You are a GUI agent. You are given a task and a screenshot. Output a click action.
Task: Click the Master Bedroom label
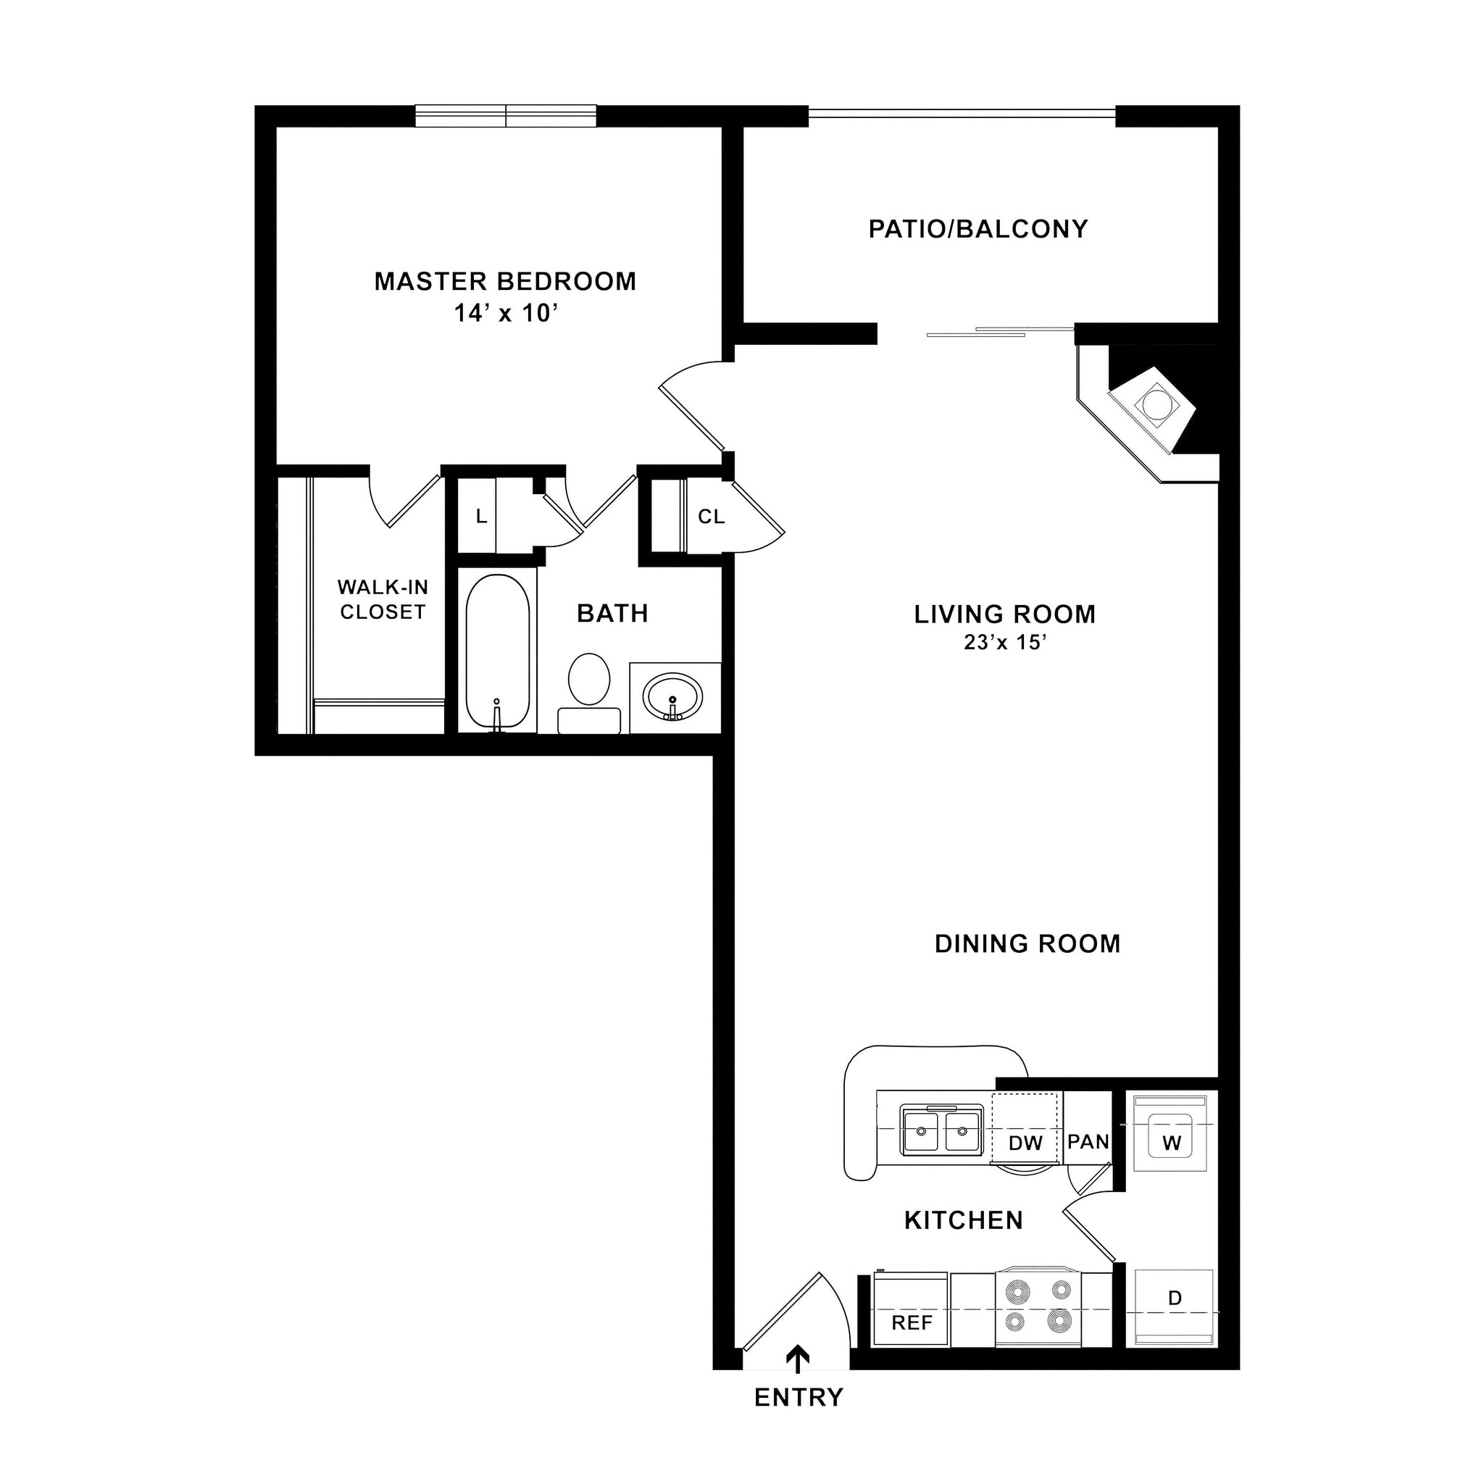coord(504,281)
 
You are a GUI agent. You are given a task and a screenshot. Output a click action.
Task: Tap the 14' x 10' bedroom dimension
coord(504,313)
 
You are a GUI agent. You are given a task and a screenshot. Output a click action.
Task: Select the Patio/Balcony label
coord(977,229)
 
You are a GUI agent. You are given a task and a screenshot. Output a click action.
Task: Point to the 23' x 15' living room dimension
coord(1005,642)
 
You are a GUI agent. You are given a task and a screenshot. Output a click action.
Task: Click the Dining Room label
coord(1027,943)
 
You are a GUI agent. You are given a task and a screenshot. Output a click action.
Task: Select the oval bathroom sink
coord(674,696)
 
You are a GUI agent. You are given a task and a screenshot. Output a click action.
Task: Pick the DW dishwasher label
coord(1025,1143)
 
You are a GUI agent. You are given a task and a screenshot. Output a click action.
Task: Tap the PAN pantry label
coord(1088,1141)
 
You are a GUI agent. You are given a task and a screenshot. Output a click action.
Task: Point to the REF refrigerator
coord(912,1322)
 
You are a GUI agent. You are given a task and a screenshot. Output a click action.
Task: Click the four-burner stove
coord(1038,1306)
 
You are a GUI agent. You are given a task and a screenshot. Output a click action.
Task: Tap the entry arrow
coord(798,1358)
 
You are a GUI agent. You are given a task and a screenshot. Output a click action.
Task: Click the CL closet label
coord(712,517)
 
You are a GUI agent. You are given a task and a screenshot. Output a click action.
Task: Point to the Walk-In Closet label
coord(383,599)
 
